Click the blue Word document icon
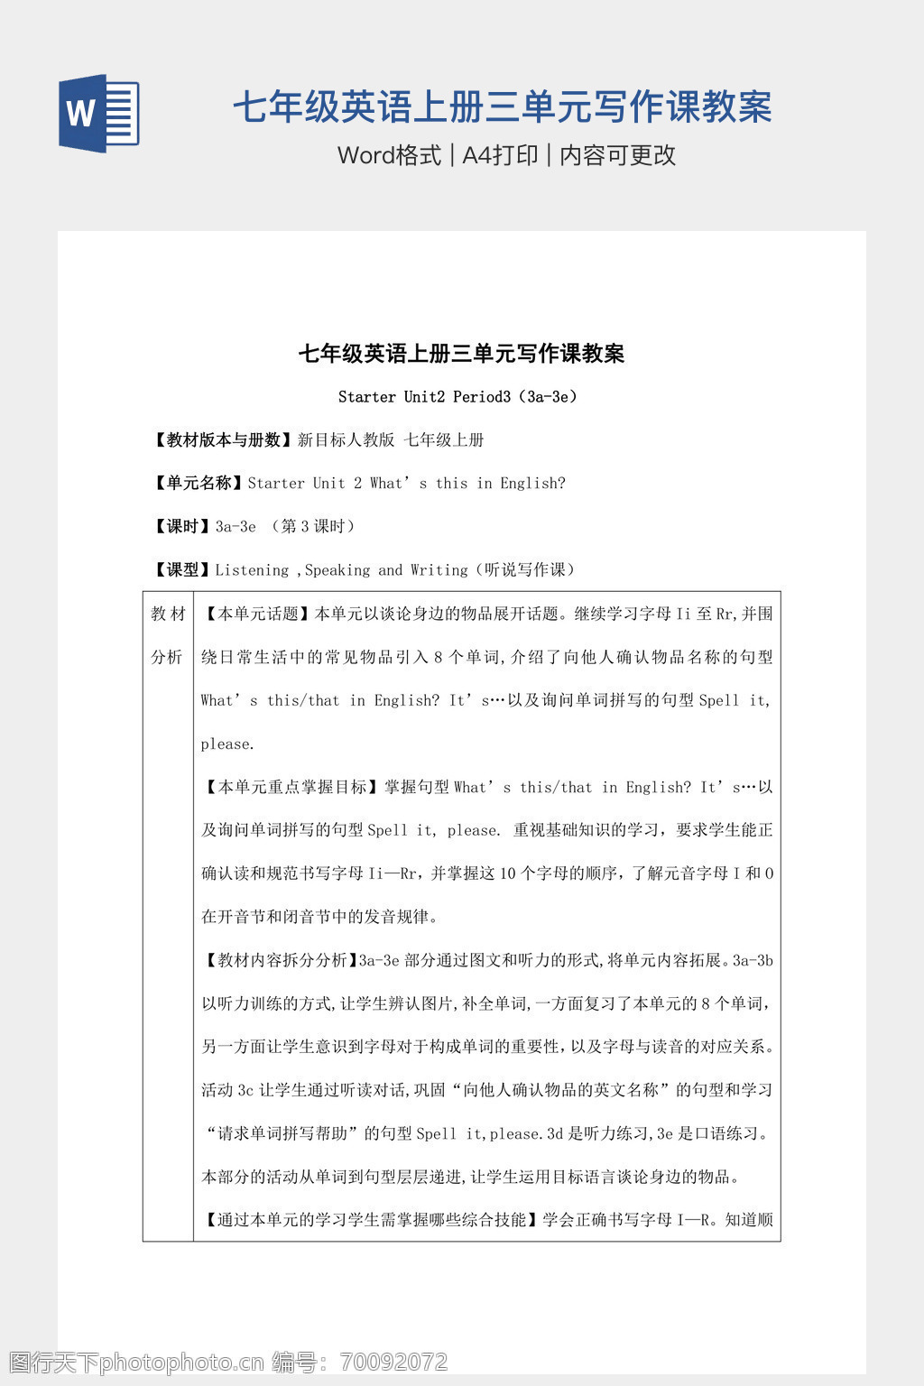99,113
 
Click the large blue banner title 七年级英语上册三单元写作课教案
502,107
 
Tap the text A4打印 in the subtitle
500,155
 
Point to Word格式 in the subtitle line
389,155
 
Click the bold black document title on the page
461,354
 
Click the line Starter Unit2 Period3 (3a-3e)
457,397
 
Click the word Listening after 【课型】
252,570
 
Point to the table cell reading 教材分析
168,635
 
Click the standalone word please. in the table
227,744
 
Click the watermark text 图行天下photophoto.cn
135,1362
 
